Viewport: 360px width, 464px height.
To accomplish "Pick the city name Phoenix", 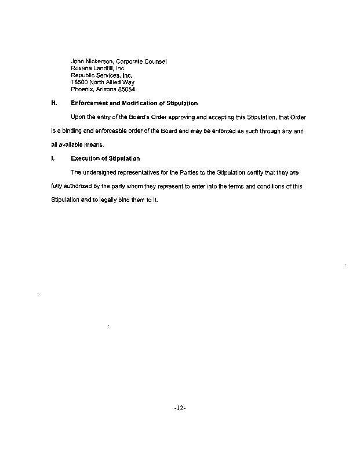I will pos(82,89).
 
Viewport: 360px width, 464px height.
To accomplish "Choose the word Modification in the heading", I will pos(142,103).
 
